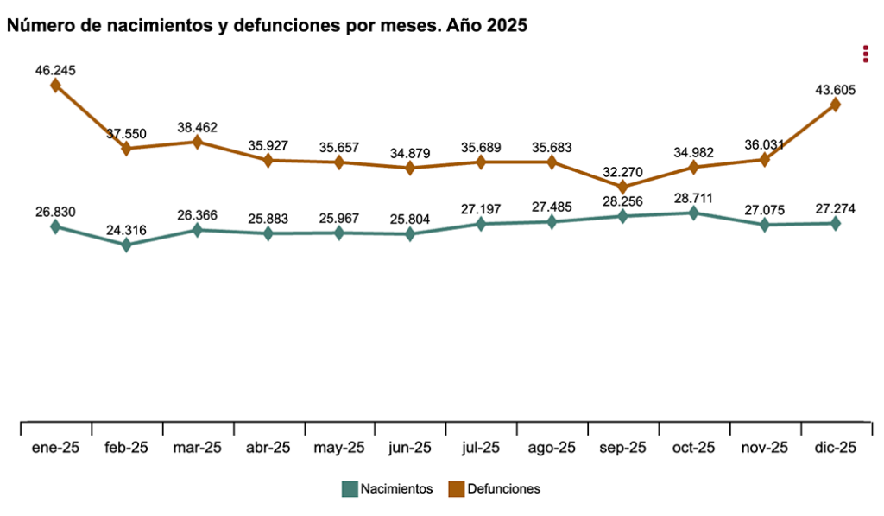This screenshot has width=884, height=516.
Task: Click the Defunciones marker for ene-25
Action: point(55,85)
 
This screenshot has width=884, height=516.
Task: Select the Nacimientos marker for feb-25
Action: point(126,245)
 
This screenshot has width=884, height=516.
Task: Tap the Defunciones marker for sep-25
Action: point(623,187)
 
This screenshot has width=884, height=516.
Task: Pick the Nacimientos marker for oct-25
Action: point(694,213)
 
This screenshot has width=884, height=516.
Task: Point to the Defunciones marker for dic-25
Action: point(835,105)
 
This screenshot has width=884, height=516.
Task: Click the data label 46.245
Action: point(55,70)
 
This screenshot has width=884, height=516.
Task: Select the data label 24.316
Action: point(126,230)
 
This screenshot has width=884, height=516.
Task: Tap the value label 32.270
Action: point(623,170)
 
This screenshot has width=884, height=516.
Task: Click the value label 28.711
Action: point(694,198)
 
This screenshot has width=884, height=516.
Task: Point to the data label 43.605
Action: point(835,89)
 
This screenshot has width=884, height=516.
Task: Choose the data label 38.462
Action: point(197,127)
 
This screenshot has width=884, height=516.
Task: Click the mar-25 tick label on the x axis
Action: point(197,448)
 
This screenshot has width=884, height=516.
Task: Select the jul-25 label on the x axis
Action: point(481,448)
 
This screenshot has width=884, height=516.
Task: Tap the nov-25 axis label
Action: point(765,448)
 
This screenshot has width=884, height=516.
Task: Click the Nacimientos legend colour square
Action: point(350,489)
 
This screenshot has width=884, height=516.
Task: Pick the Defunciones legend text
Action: point(503,489)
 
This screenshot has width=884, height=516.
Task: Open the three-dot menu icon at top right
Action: point(865,54)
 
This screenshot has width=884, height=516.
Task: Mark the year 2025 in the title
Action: point(507,26)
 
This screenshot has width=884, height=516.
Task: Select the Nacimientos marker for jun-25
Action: point(410,234)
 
